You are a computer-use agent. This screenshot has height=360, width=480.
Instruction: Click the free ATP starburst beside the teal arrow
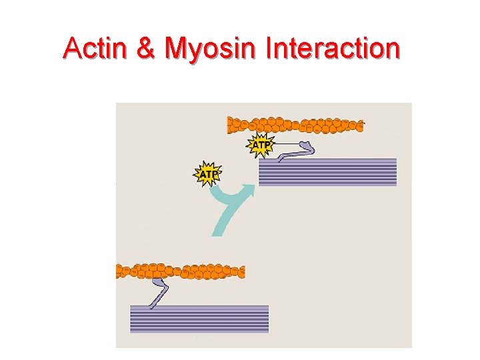207,175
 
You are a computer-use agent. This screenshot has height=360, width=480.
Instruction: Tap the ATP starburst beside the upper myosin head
260,145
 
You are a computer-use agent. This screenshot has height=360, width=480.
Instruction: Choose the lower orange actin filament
180,271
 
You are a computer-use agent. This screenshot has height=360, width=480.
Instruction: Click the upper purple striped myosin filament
327,172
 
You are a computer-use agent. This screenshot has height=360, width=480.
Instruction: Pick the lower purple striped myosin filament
199,319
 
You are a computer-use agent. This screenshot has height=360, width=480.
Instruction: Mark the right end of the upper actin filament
361,125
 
